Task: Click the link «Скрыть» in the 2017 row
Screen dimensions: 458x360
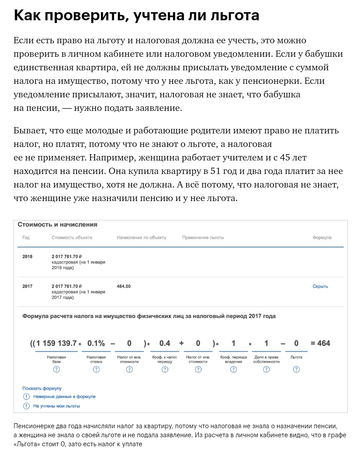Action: pyautogui.click(x=320, y=286)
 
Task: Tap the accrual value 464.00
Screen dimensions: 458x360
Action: pyautogui.click(x=123, y=286)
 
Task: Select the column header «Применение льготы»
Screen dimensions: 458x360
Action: pyautogui.click(x=203, y=238)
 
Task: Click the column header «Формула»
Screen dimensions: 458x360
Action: pyautogui.click(x=322, y=238)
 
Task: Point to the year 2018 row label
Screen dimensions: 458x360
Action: pyautogui.click(x=27, y=256)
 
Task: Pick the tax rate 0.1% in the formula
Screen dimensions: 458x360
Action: pyautogui.click(x=96, y=343)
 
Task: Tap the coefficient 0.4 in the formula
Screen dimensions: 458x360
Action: pyautogui.click(x=164, y=343)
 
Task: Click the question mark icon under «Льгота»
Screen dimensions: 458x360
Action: pyautogui.click(x=296, y=370)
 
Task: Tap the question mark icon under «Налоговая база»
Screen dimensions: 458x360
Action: pyautogui.click(x=56, y=370)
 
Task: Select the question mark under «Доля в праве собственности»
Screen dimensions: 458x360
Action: pyautogui.click(x=266, y=370)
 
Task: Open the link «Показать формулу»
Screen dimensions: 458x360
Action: pyautogui.click(x=42, y=388)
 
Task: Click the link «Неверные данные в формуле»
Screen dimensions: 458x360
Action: pyautogui.click(x=64, y=397)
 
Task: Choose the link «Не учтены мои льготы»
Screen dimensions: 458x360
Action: pyautogui.click(x=56, y=406)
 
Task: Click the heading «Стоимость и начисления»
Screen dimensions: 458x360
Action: pyautogui.click(x=57, y=224)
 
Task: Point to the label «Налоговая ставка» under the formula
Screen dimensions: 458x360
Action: pyautogui.click(x=96, y=359)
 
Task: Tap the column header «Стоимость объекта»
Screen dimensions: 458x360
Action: pyautogui.click(x=72, y=238)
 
